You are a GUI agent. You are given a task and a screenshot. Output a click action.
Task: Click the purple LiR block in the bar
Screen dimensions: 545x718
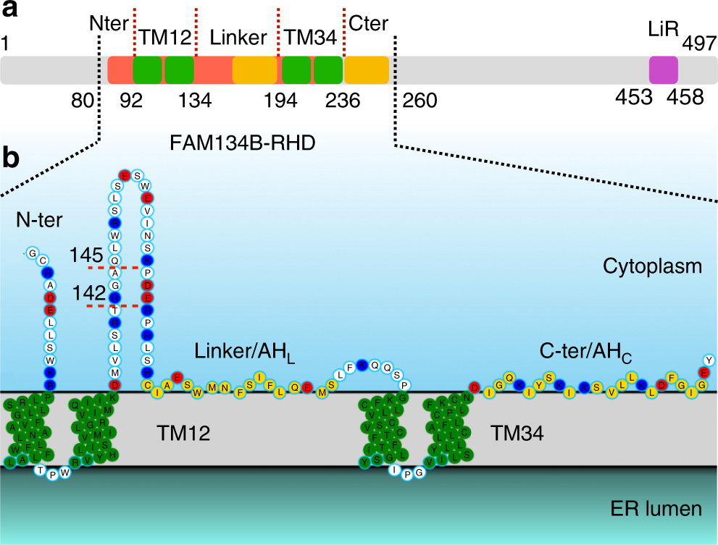click(x=664, y=70)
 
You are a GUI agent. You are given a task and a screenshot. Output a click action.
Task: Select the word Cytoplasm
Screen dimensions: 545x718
click(x=652, y=266)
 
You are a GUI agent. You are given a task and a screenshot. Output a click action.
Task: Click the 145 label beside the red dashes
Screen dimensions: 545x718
click(x=85, y=255)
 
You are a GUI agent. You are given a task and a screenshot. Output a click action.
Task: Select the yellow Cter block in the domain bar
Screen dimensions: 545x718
click(x=366, y=70)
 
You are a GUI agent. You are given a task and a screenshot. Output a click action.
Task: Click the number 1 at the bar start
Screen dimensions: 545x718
click(x=6, y=45)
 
